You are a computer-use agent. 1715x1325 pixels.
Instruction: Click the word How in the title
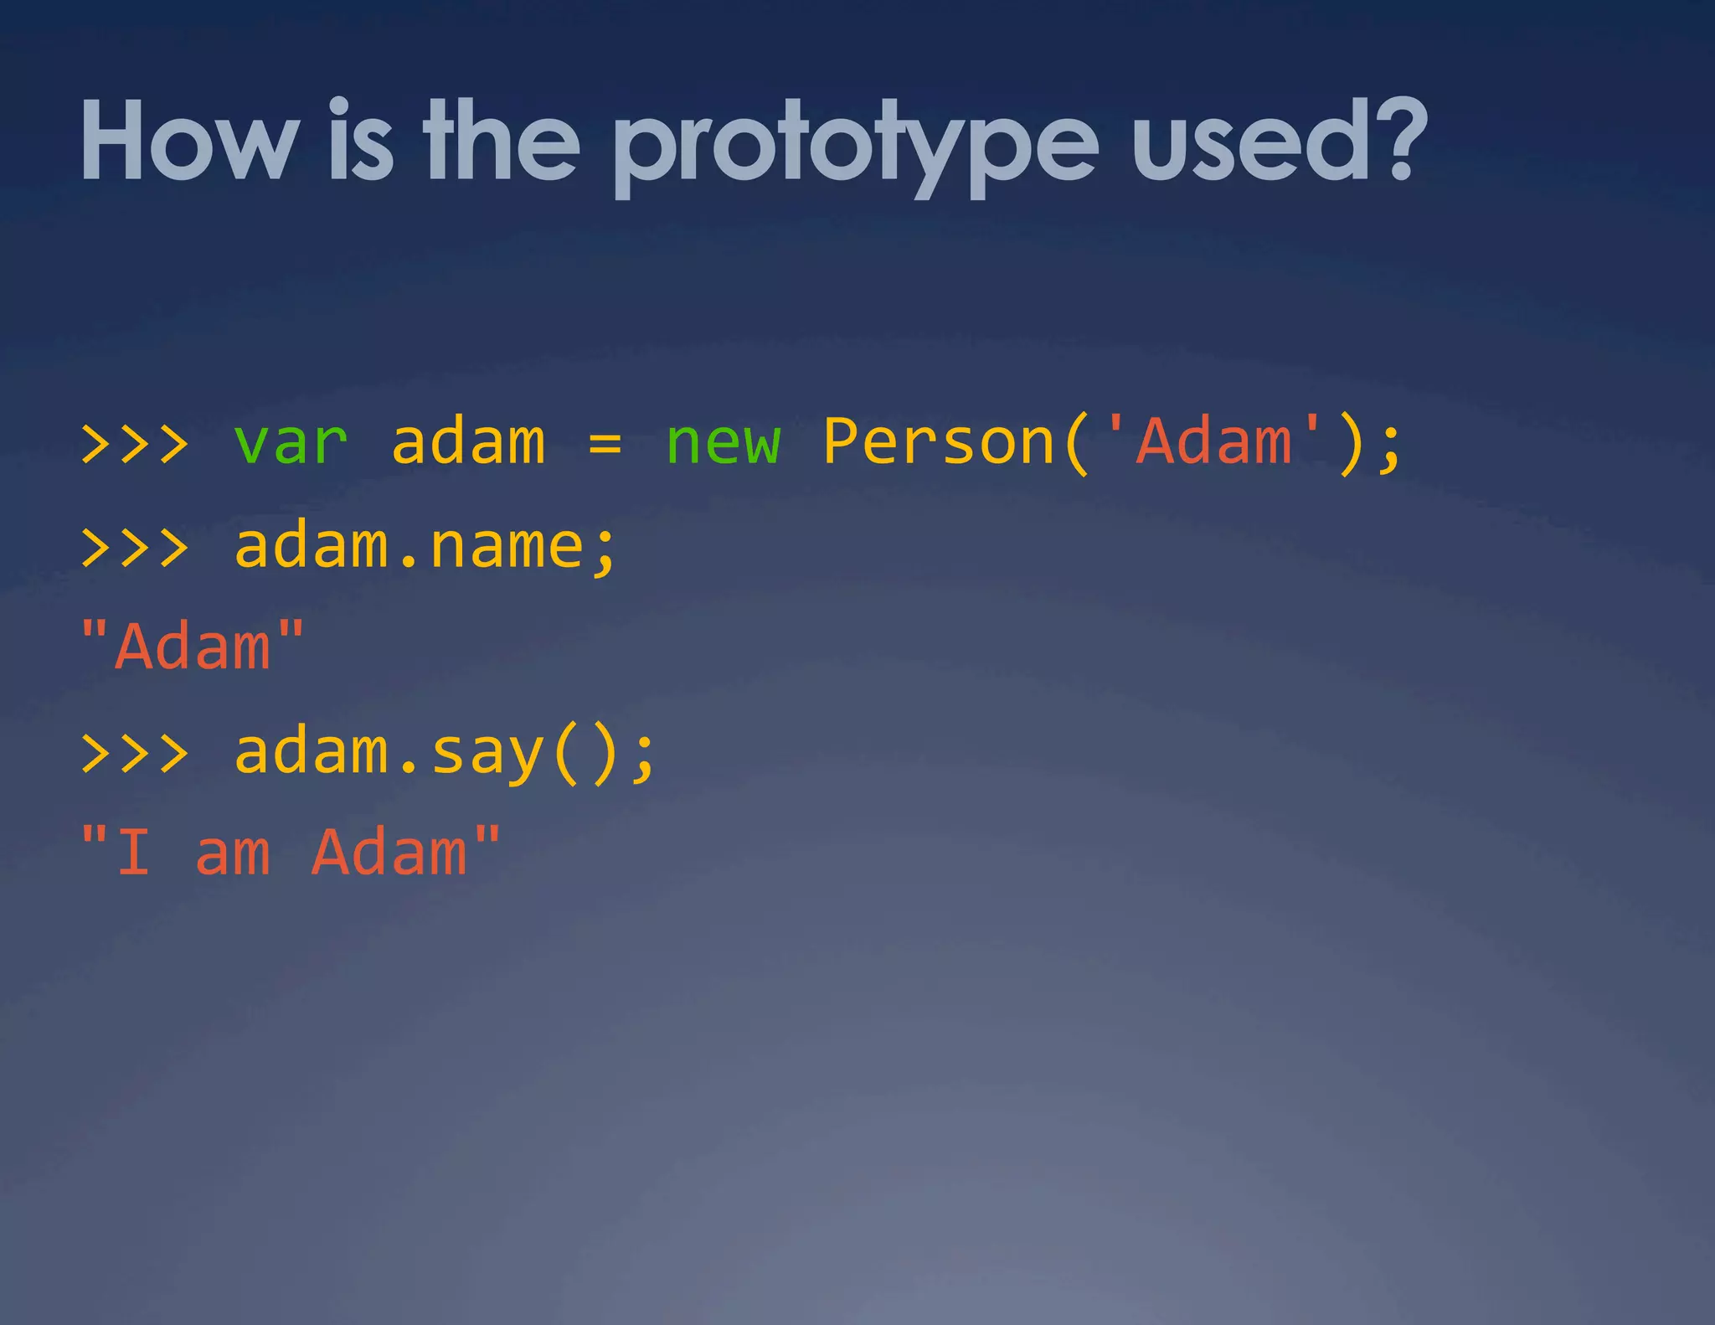point(189,141)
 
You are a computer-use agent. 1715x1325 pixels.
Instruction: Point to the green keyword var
point(290,442)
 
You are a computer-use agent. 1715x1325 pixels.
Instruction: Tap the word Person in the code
point(938,442)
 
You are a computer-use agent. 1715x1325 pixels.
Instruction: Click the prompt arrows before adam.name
point(134,547)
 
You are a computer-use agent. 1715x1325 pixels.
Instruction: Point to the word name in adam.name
point(506,546)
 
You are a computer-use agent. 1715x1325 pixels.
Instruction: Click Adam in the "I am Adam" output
point(389,853)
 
